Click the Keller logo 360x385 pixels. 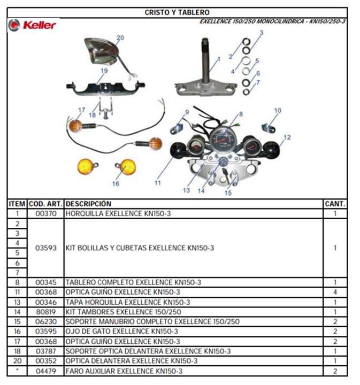(x=32, y=25)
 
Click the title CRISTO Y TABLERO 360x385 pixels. (x=177, y=12)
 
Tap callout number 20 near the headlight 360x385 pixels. (x=120, y=38)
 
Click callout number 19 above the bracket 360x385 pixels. (x=104, y=71)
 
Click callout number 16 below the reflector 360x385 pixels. (x=116, y=183)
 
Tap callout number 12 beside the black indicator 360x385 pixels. (x=287, y=137)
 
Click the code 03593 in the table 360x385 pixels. (x=46, y=248)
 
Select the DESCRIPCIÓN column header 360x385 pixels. (x=88, y=204)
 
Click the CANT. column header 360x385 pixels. (x=335, y=204)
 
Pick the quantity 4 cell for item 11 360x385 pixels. (x=335, y=292)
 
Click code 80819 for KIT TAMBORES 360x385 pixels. (x=46, y=312)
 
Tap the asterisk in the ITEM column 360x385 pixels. (x=17, y=370)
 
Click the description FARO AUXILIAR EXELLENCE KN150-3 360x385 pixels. (x=124, y=371)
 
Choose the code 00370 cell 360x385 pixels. (x=46, y=213)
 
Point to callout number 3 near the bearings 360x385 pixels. (x=262, y=33)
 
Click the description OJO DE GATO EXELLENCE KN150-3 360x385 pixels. (x=122, y=332)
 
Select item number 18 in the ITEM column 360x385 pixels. (x=17, y=351)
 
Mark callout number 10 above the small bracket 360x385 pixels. (x=278, y=111)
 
